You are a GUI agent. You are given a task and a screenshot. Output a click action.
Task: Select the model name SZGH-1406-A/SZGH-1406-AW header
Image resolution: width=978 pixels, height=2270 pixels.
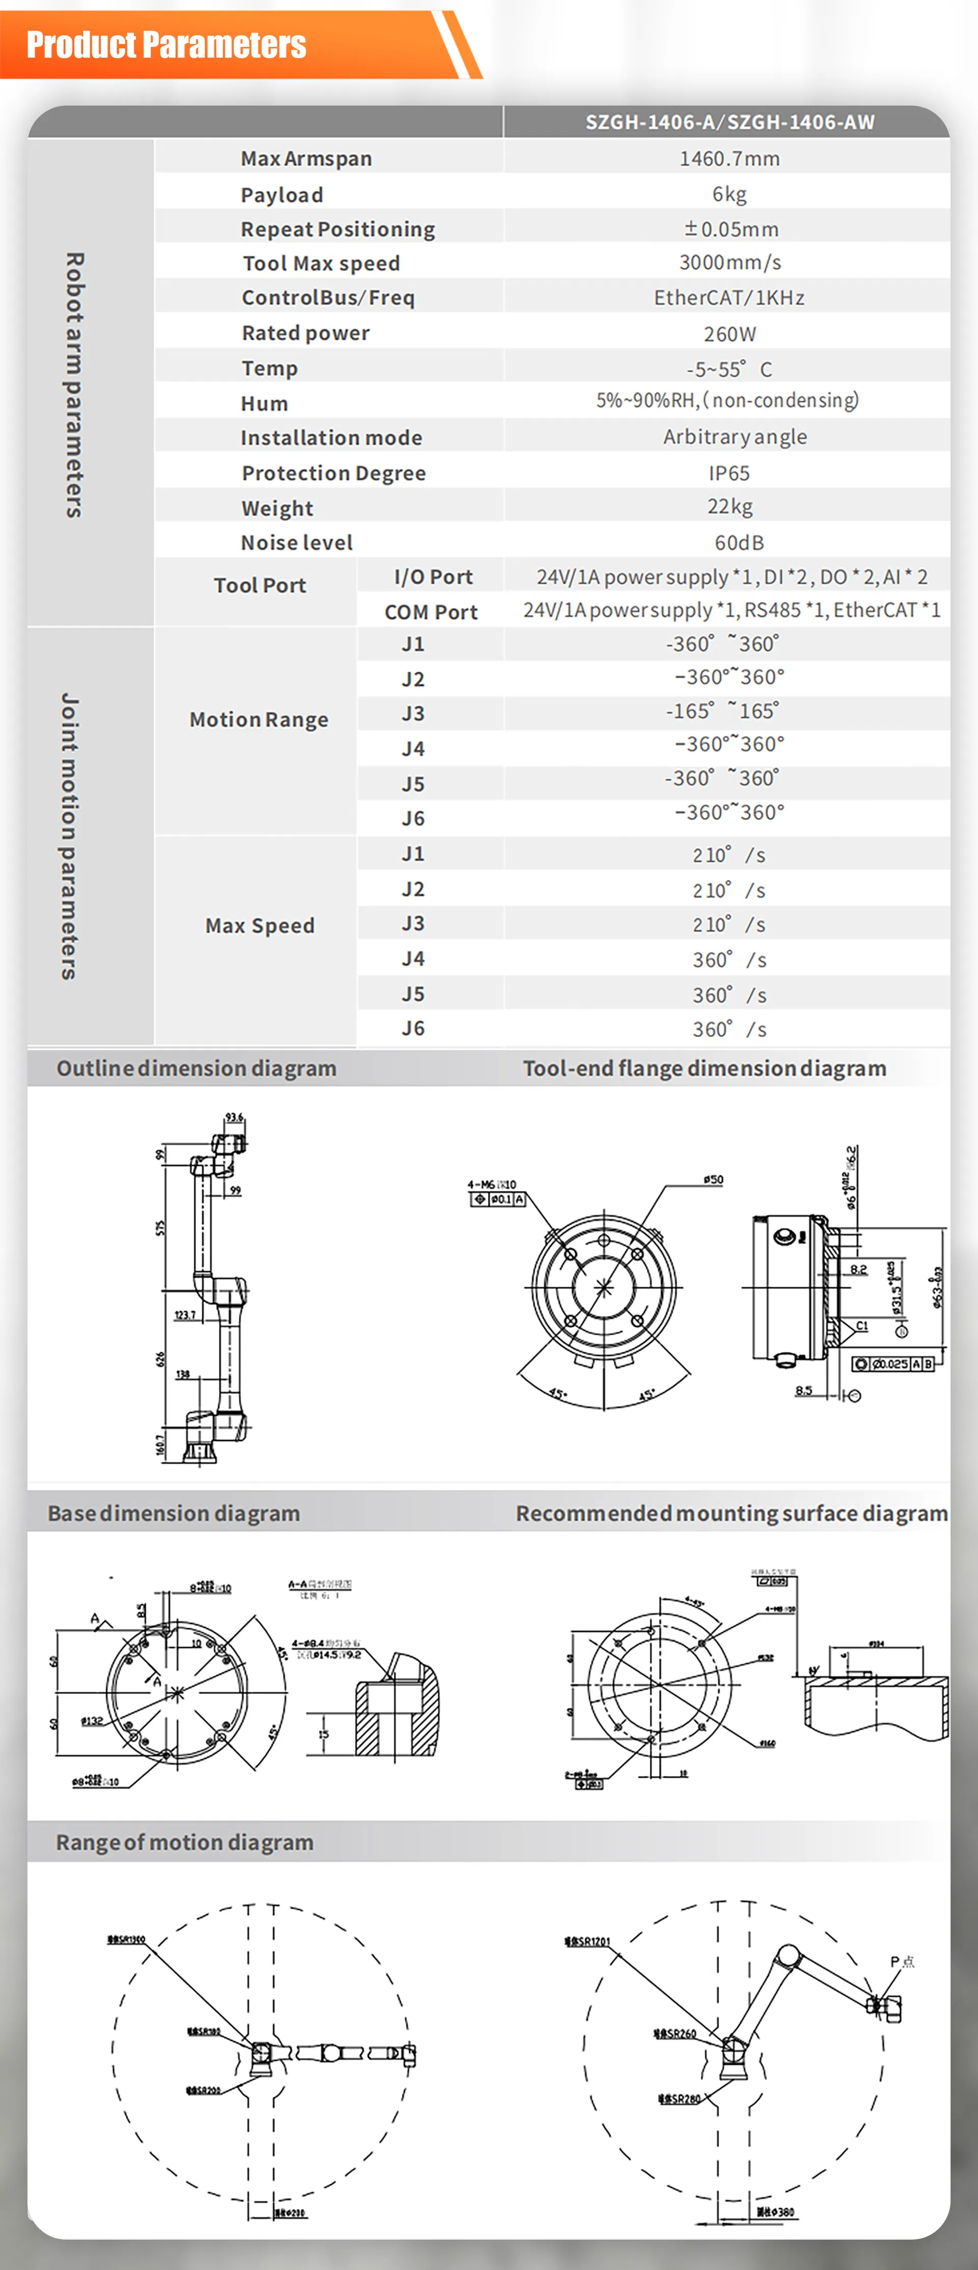click(729, 122)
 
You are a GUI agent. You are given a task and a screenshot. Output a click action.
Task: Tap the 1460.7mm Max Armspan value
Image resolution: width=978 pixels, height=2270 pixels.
click(729, 158)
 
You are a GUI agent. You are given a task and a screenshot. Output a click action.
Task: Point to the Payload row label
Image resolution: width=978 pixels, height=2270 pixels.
click(282, 195)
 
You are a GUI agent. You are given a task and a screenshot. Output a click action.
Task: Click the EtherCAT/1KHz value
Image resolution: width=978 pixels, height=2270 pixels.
click(729, 298)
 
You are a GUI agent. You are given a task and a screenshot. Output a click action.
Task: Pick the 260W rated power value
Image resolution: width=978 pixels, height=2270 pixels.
click(729, 334)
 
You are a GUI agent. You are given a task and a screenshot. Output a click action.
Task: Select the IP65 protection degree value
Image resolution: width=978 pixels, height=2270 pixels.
click(729, 473)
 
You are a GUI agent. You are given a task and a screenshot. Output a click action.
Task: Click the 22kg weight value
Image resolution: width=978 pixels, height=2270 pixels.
click(729, 506)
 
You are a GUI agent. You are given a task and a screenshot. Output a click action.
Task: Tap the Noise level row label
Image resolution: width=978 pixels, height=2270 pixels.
click(297, 543)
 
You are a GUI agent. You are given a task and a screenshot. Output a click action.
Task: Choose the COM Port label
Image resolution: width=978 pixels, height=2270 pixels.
click(431, 612)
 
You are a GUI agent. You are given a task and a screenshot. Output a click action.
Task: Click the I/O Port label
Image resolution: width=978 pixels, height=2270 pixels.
click(432, 577)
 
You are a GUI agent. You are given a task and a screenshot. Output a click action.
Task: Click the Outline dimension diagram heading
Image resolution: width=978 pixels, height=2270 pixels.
click(197, 1068)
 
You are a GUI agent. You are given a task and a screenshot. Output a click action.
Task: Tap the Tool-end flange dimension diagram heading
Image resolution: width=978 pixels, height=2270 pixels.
click(704, 1068)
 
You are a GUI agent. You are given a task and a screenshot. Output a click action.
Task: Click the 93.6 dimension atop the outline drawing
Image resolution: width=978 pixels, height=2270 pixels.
click(233, 1117)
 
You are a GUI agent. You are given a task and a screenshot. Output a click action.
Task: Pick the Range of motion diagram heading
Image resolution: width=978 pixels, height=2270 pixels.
click(184, 1842)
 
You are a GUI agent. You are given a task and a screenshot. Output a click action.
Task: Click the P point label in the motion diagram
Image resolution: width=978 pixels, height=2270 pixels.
click(902, 1962)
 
